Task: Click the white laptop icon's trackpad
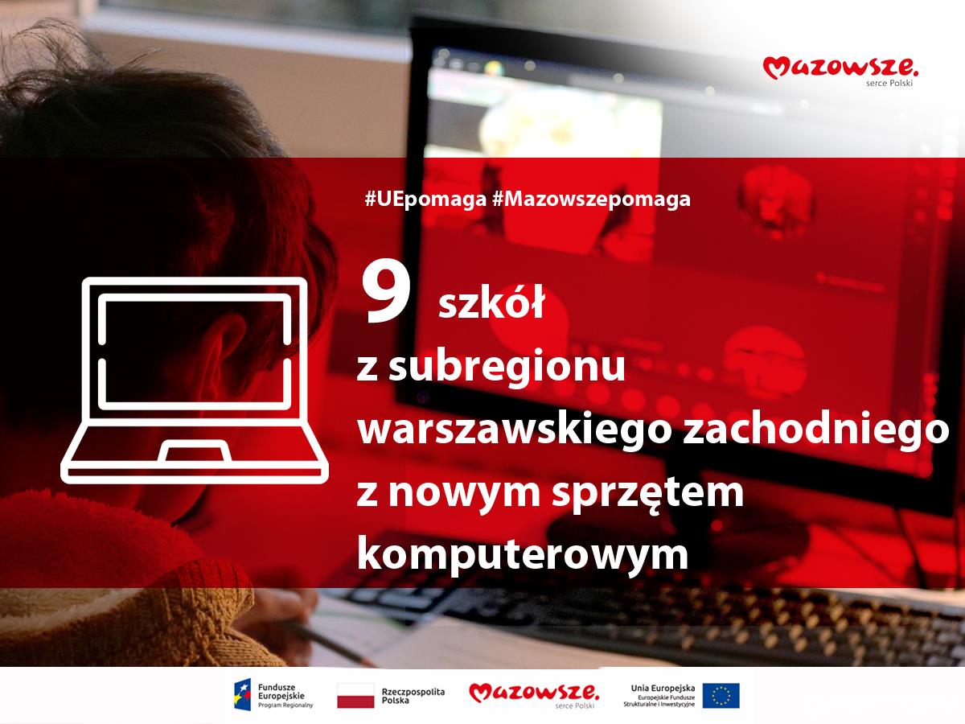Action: point(195,451)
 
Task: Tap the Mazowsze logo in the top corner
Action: point(840,71)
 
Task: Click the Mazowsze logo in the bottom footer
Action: point(534,695)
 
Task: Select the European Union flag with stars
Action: point(721,695)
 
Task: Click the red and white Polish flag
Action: point(355,695)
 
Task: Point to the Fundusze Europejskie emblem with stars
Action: point(243,694)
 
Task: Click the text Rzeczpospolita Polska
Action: point(413,695)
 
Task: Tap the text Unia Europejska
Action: point(663,688)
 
